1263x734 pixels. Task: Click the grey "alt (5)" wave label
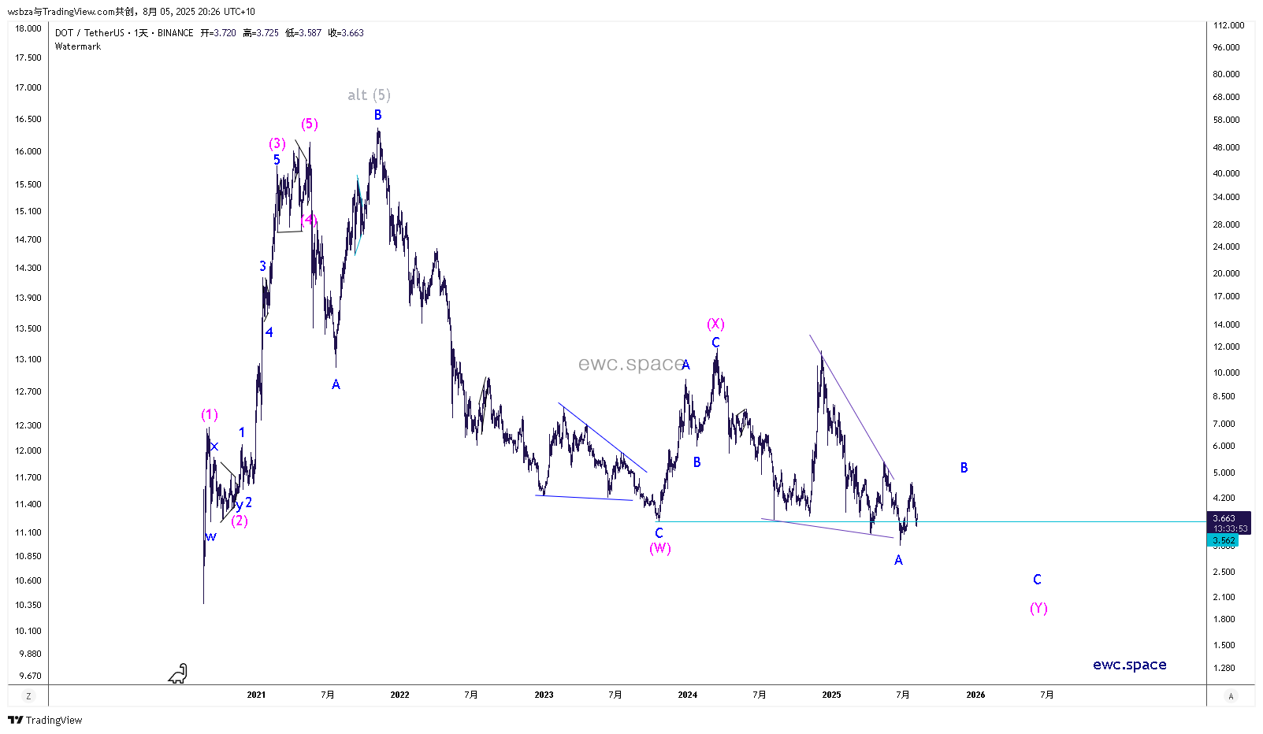(x=369, y=95)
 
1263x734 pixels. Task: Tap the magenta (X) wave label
(x=715, y=324)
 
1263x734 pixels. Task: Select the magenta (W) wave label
(x=660, y=548)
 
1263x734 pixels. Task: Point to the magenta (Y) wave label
(x=1038, y=608)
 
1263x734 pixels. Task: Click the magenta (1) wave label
(x=209, y=414)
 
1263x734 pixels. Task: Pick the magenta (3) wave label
(x=277, y=143)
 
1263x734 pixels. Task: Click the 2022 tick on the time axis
(x=399, y=695)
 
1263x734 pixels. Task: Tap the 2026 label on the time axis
(x=975, y=695)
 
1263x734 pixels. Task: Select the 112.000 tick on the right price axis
(x=1228, y=25)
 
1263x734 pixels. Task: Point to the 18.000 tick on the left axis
(x=28, y=28)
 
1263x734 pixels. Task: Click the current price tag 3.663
(x=1224, y=518)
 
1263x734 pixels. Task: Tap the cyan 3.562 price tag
(x=1224, y=540)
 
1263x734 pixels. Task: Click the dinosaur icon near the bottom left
(x=179, y=673)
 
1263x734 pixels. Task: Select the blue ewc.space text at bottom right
(x=1129, y=665)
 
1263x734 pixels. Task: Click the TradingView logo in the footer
(x=45, y=720)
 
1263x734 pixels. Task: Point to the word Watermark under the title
(x=78, y=46)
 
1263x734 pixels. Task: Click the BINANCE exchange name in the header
(x=175, y=33)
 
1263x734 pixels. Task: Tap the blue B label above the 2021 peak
(x=377, y=115)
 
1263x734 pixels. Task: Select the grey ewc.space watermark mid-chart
(x=630, y=364)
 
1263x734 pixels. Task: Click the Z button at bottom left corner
(x=28, y=696)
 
